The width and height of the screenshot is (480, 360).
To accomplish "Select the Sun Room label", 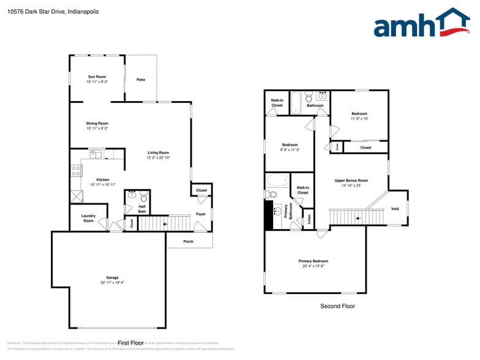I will click(x=97, y=77).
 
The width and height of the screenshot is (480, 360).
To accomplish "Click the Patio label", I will click(x=141, y=80).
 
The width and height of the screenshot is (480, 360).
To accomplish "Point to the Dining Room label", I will click(x=97, y=123).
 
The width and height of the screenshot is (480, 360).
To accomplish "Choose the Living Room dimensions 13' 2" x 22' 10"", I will click(x=158, y=158).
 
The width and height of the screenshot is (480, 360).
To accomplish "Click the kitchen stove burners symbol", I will click(x=76, y=171).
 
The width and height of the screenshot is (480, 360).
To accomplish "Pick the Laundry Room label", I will click(x=88, y=218).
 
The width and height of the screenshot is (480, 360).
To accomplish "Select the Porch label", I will click(x=188, y=241).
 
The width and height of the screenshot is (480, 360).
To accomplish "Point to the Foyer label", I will click(x=201, y=214).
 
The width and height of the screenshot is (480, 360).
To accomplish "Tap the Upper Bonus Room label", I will click(x=351, y=181).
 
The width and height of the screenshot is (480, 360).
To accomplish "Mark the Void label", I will click(x=395, y=209).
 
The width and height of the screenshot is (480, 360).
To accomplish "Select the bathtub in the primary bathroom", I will click(x=278, y=181).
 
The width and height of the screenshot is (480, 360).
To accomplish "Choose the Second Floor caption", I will click(x=337, y=306).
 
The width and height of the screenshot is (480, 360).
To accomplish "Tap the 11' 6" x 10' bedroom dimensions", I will click(x=359, y=119).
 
